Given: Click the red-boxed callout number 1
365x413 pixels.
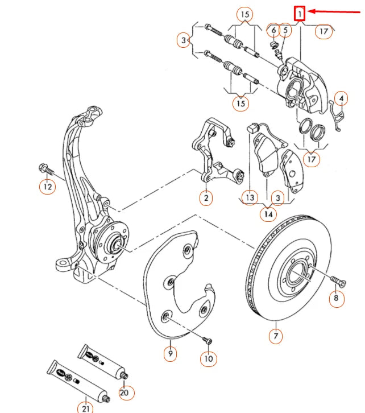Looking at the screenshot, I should coord(300,12).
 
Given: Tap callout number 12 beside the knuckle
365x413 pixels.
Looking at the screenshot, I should coord(48,185).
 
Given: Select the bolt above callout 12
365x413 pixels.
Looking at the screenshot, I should coord(45,168).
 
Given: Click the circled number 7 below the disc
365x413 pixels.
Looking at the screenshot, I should coord(275,336).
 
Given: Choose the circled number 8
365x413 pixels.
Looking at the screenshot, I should coord(336,298).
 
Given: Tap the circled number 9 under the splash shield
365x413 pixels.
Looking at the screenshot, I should coord(169,353).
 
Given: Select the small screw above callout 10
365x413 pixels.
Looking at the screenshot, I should coord(206,340).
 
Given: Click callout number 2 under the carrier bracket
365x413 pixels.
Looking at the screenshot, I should coord(206,197).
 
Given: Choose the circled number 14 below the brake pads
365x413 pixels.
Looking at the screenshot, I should coord(268,214).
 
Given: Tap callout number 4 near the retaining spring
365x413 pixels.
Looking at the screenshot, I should coord(341,99).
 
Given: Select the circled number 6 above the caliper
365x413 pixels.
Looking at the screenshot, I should coord(273,30).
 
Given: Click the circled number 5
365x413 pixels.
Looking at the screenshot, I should coord(285,30).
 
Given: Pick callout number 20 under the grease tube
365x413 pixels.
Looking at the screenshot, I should coord(125,392).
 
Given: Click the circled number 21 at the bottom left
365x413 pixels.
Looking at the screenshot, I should coord(85,406).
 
